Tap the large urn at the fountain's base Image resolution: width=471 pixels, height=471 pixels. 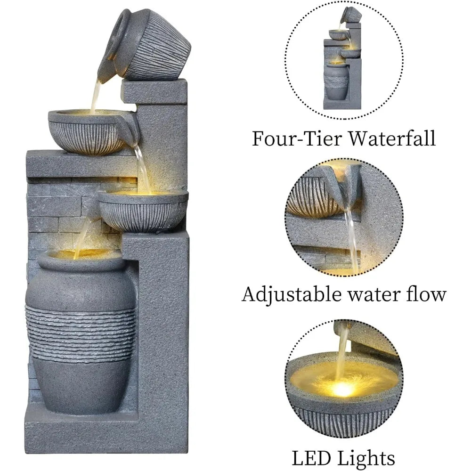pyautogui.click(x=80, y=330)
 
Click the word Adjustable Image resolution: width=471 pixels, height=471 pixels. pyautogui.click(x=292, y=295)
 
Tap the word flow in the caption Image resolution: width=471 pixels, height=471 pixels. pyautogui.click(x=427, y=294)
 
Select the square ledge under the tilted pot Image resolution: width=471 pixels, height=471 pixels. pyautogui.click(x=153, y=91)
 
